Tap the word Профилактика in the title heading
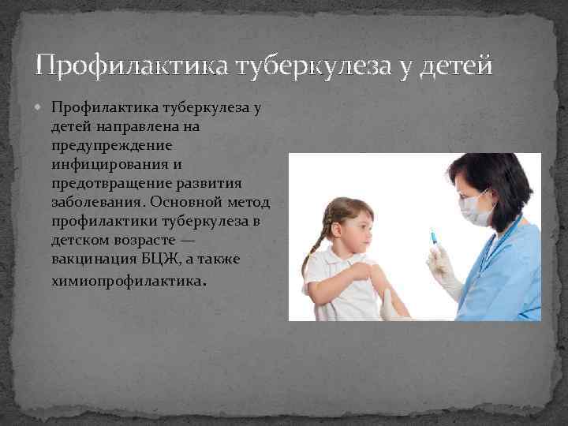tap(129, 65)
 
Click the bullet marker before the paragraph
tap(41, 106)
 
